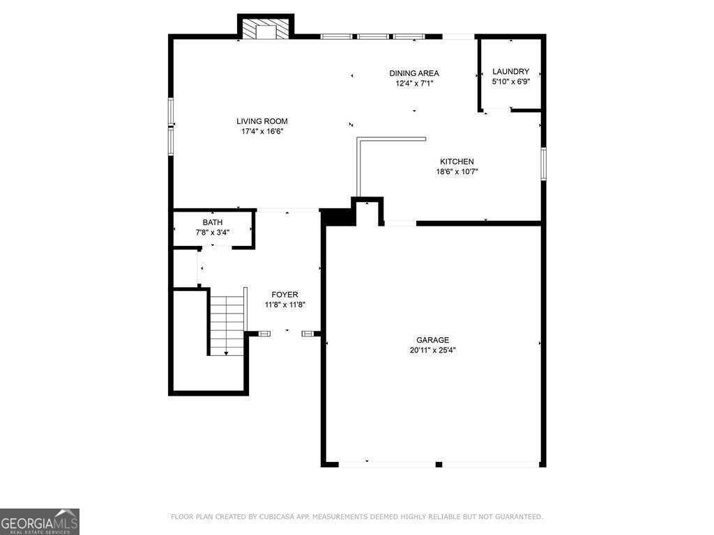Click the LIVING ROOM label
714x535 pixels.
[261, 121]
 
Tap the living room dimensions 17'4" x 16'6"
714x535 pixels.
[261, 131]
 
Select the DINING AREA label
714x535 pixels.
[413, 73]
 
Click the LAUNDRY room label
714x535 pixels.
[510, 71]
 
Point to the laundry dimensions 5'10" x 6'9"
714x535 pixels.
[510, 82]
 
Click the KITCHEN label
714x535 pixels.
[457, 162]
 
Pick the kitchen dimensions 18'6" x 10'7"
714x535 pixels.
[457, 171]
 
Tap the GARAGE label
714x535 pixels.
[433, 340]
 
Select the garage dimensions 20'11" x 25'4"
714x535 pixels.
[433, 350]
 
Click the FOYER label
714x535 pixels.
[284, 295]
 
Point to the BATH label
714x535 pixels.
[213, 222]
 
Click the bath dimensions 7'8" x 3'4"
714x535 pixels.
[213, 232]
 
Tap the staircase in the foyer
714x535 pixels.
[227, 325]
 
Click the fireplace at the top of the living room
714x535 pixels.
[266, 29]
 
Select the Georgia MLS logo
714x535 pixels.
[40, 521]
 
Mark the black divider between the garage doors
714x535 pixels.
[439, 464]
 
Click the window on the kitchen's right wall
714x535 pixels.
[543, 164]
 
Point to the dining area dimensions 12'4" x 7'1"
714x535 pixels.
[413, 84]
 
